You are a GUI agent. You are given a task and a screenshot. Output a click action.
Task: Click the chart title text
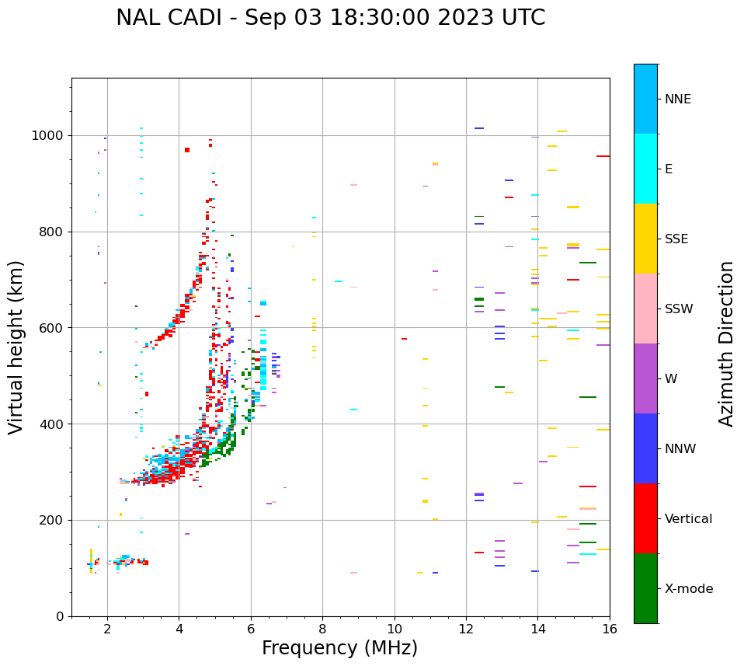pos(330,18)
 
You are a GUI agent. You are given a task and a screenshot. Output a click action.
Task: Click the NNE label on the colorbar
pos(677,99)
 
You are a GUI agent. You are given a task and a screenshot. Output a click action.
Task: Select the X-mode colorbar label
pos(688,589)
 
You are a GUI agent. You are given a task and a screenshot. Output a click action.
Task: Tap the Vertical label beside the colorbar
pos(688,519)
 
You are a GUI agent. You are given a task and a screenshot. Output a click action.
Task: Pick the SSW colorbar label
pos(679,309)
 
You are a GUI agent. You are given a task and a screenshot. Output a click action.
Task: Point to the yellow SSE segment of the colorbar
pos(645,239)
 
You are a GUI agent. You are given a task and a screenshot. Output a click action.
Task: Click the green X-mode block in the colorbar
pos(645,588)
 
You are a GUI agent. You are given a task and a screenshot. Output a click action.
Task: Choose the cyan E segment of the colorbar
pos(645,169)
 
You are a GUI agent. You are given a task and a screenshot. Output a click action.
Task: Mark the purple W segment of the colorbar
pos(645,378)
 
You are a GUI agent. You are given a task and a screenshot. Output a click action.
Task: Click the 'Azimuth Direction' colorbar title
pos(727,343)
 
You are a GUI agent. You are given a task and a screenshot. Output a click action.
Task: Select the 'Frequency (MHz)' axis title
pos(339,648)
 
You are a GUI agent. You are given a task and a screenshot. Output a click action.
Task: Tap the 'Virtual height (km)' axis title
pos(16,347)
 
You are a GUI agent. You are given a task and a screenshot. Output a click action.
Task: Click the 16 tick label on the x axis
pos(610,629)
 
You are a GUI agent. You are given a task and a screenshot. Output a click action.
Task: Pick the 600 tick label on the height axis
pos(53,328)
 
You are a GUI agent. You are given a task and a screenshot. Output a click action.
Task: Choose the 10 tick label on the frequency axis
pos(395,629)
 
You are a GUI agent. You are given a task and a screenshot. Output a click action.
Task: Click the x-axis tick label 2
pos(107,629)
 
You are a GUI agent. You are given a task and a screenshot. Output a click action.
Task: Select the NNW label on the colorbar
pos(680,449)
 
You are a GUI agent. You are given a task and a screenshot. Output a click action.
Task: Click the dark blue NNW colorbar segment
pos(645,448)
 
